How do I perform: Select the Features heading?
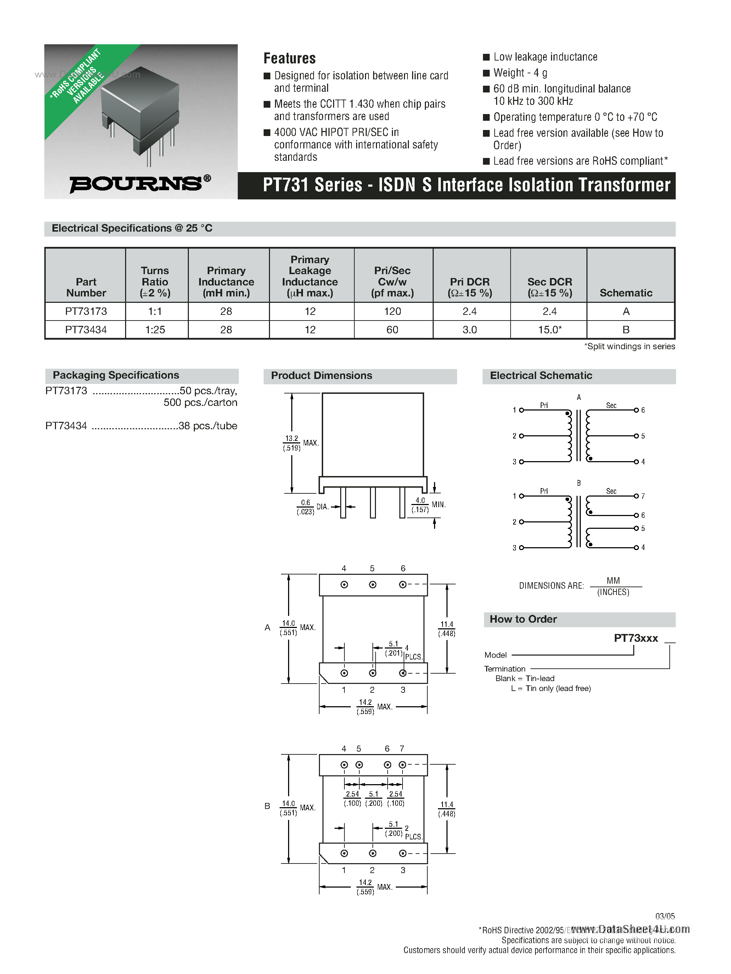click(x=289, y=58)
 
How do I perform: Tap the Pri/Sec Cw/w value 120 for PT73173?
click(x=392, y=311)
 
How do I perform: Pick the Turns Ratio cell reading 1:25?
click(x=155, y=330)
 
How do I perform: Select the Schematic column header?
click(x=626, y=293)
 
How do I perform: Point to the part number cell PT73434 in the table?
click(x=86, y=330)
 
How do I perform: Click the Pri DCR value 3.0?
click(x=470, y=330)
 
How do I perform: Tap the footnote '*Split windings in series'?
click(x=630, y=346)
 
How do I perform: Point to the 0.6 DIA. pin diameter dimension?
click(x=305, y=507)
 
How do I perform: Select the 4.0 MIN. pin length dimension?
click(x=420, y=505)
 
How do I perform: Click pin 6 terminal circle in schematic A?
click(x=636, y=410)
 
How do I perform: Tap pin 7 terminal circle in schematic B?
click(x=636, y=496)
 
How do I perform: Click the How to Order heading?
click(x=523, y=619)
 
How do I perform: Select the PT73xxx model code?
click(x=636, y=638)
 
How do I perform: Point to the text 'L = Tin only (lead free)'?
click(x=551, y=688)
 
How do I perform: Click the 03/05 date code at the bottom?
click(x=665, y=916)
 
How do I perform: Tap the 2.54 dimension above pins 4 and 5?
click(x=353, y=794)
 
